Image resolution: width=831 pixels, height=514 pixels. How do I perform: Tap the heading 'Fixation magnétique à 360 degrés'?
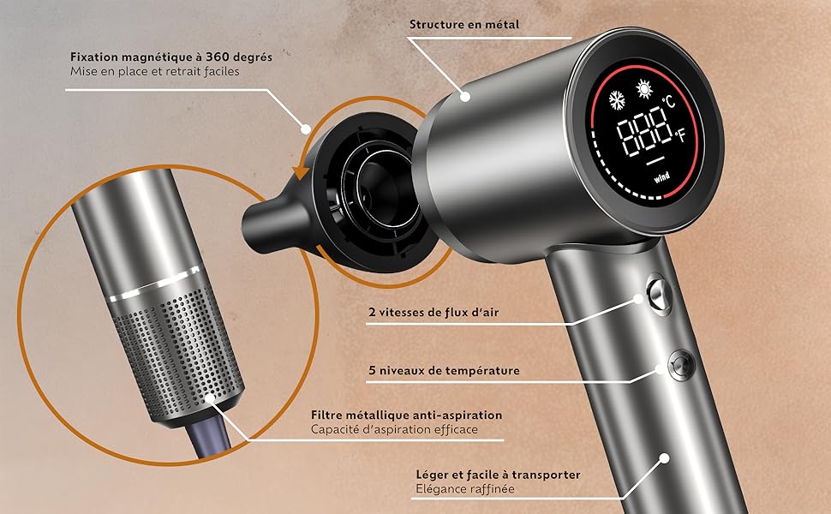pyautogui.click(x=171, y=57)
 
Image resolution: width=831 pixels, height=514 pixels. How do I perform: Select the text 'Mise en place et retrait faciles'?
pyautogui.click(x=154, y=72)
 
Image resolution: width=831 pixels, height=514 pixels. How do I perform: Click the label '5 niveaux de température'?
pyautogui.click(x=444, y=371)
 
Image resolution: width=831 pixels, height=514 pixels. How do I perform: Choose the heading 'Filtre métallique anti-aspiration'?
pyautogui.click(x=406, y=415)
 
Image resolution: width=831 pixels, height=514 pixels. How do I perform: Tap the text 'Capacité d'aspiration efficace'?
pyautogui.click(x=394, y=429)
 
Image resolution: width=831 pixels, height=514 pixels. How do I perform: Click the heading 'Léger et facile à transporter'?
pyautogui.click(x=497, y=474)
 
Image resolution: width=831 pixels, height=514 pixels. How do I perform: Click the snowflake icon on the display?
pyautogui.click(x=615, y=99)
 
